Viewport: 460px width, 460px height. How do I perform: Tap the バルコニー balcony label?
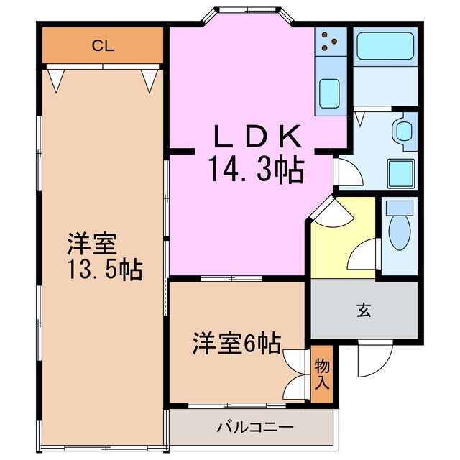tap(255, 428)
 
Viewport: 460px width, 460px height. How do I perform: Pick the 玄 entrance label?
tap(363, 310)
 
